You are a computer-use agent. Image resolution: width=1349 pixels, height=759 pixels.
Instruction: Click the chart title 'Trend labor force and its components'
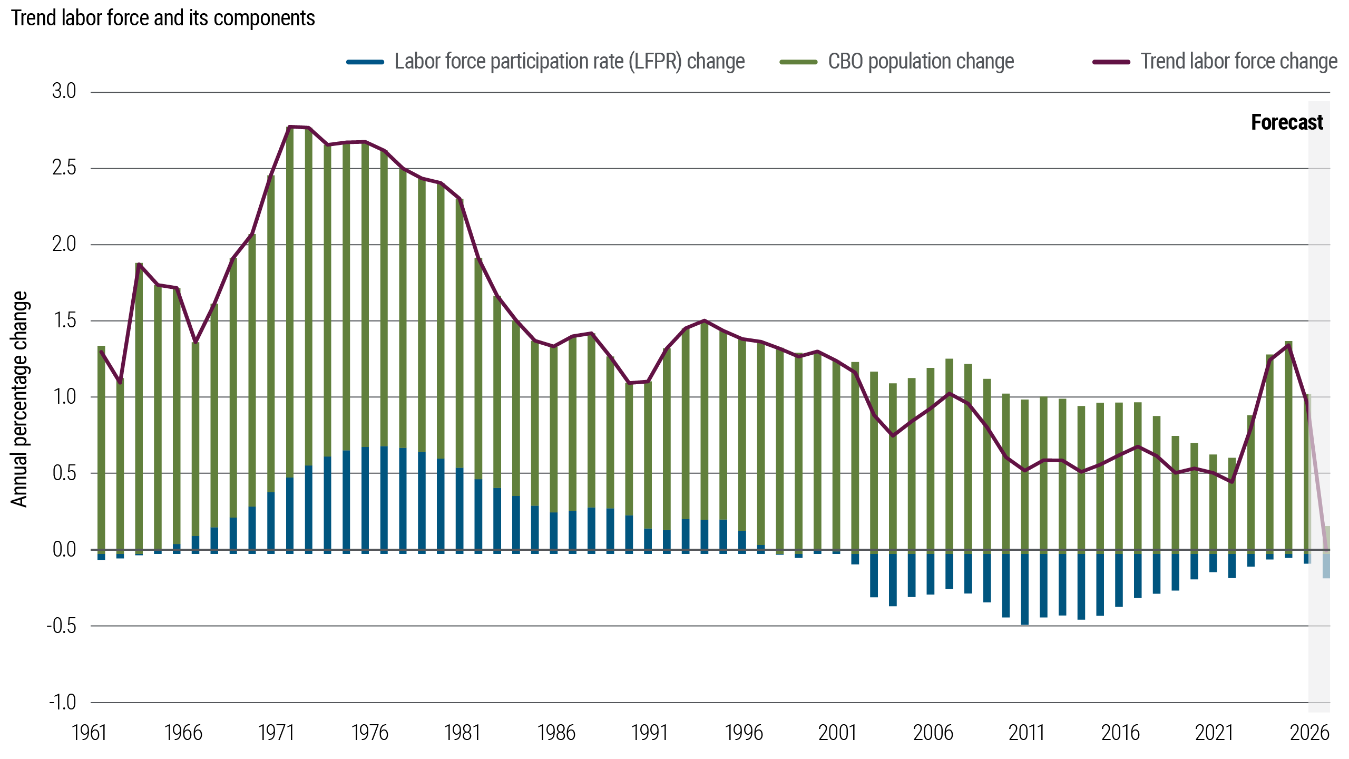coord(163,18)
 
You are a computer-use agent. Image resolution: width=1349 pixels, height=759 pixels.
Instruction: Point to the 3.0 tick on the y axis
coord(64,92)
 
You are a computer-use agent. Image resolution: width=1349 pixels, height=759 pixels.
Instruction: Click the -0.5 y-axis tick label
coord(62,626)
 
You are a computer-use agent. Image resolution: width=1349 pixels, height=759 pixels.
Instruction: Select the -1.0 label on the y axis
coord(63,703)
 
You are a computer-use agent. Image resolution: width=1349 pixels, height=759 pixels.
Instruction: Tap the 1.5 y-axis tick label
coord(64,320)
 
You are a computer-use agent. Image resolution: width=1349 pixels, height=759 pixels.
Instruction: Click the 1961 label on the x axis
coord(89,733)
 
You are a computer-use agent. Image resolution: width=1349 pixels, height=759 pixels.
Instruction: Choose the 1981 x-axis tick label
coord(462,733)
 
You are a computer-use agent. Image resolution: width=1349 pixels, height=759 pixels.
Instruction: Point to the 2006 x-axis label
coord(933,733)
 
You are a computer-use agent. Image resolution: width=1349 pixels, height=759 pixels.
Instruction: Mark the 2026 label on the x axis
coord(1309,733)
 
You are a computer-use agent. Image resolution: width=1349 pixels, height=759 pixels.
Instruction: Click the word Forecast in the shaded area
coord(1287,123)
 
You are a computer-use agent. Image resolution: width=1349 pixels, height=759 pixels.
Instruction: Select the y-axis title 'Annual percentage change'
coord(19,398)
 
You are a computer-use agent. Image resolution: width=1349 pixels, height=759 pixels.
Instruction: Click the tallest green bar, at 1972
coord(290,300)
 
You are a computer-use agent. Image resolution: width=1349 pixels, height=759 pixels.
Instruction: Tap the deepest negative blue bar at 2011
coord(1024,589)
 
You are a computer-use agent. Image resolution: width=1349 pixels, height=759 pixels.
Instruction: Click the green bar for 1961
coord(101,448)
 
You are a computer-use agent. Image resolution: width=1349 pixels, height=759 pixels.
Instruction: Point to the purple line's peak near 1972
coord(290,127)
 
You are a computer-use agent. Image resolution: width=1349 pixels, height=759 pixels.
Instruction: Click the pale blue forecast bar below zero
coord(1326,566)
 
